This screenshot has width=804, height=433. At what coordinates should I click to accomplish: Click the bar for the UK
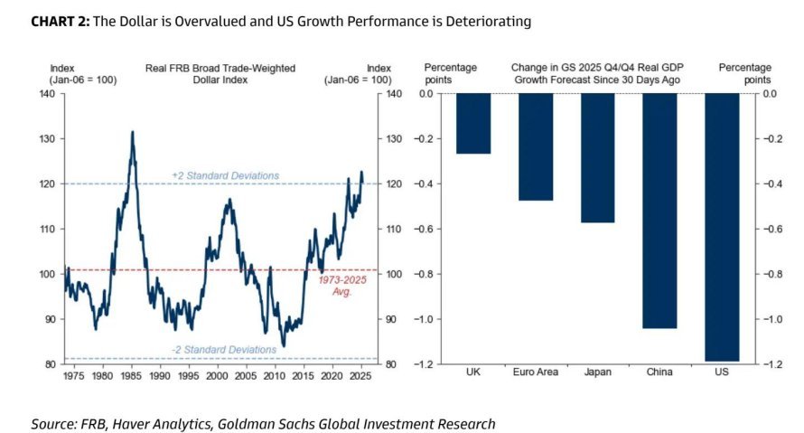pyautogui.click(x=472, y=124)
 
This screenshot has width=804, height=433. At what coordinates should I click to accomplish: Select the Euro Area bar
pyautogui.click(x=536, y=146)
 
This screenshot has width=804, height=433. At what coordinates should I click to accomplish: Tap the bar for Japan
pyautogui.click(x=597, y=158)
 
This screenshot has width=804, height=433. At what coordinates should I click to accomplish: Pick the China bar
pyautogui.click(x=659, y=211)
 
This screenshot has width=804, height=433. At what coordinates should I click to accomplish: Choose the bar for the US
pyautogui.click(x=722, y=227)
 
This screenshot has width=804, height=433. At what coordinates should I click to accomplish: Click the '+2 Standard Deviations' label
pyautogui.click(x=225, y=175)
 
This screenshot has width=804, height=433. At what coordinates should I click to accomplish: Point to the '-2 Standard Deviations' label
pyautogui.click(x=225, y=350)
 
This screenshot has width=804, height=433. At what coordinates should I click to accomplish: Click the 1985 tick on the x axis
pyautogui.click(x=131, y=375)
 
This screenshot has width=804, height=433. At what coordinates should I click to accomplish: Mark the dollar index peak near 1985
pyautogui.click(x=133, y=132)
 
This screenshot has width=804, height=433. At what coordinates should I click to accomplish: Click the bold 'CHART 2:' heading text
pyautogui.click(x=60, y=21)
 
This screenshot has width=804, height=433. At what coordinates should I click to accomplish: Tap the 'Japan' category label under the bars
pyautogui.click(x=597, y=372)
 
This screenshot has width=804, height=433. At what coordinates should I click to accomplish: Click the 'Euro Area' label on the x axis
pyautogui.click(x=536, y=372)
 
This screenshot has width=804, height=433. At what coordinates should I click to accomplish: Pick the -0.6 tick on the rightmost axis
pyautogui.click(x=771, y=229)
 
